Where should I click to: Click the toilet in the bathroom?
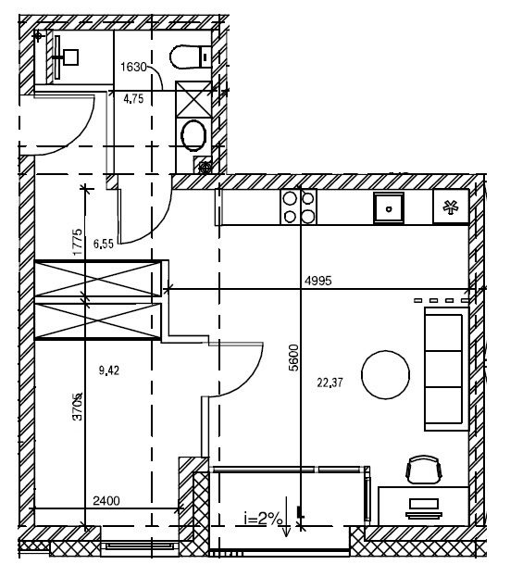pyautogui.click(x=190, y=57)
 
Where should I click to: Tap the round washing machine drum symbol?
pyautogui.click(x=193, y=135)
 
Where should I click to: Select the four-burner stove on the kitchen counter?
pyautogui.click(x=298, y=207)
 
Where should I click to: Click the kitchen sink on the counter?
pyautogui.click(x=389, y=207)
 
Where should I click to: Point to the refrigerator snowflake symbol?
pyautogui.click(x=450, y=207)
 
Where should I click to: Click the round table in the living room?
pyautogui.click(x=385, y=374)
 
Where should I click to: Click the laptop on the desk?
pyautogui.click(x=424, y=508)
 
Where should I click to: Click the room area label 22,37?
pyautogui.click(x=330, y=383)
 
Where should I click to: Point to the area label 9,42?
pyautogui.click(x=109, y=370)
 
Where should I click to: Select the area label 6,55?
pyautogui.click(x=104, y=244)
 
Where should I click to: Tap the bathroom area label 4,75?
pyautogui.click(x=133, y=98)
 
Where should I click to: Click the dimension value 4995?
pyautogui.click(x=318, y=281)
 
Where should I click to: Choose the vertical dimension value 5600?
pyautogui.click(x=293, y=357)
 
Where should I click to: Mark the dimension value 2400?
pyautogui.click(x=106, y=501)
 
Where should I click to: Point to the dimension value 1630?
pyautogui.click(x=133, y=67)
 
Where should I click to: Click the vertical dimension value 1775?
pyautogui.click(x=78, y=242)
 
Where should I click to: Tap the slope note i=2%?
pyautogui.click(x=263, y=519)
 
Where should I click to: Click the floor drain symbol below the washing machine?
pyautogui.click(x=205, y=169)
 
